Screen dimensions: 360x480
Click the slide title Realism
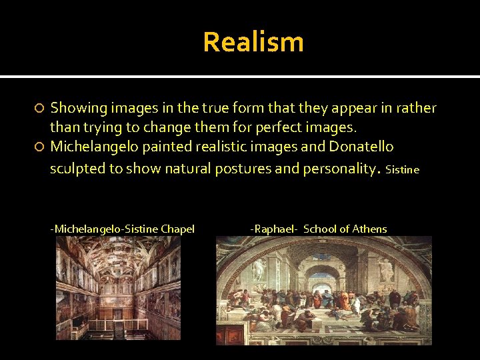tap(253, 42)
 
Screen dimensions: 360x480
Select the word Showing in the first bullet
tap(78, 108)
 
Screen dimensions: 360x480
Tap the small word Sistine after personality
tap(402, 170)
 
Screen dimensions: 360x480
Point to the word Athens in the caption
tap(369, 229)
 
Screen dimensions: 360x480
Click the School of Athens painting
tap(323, 290)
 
